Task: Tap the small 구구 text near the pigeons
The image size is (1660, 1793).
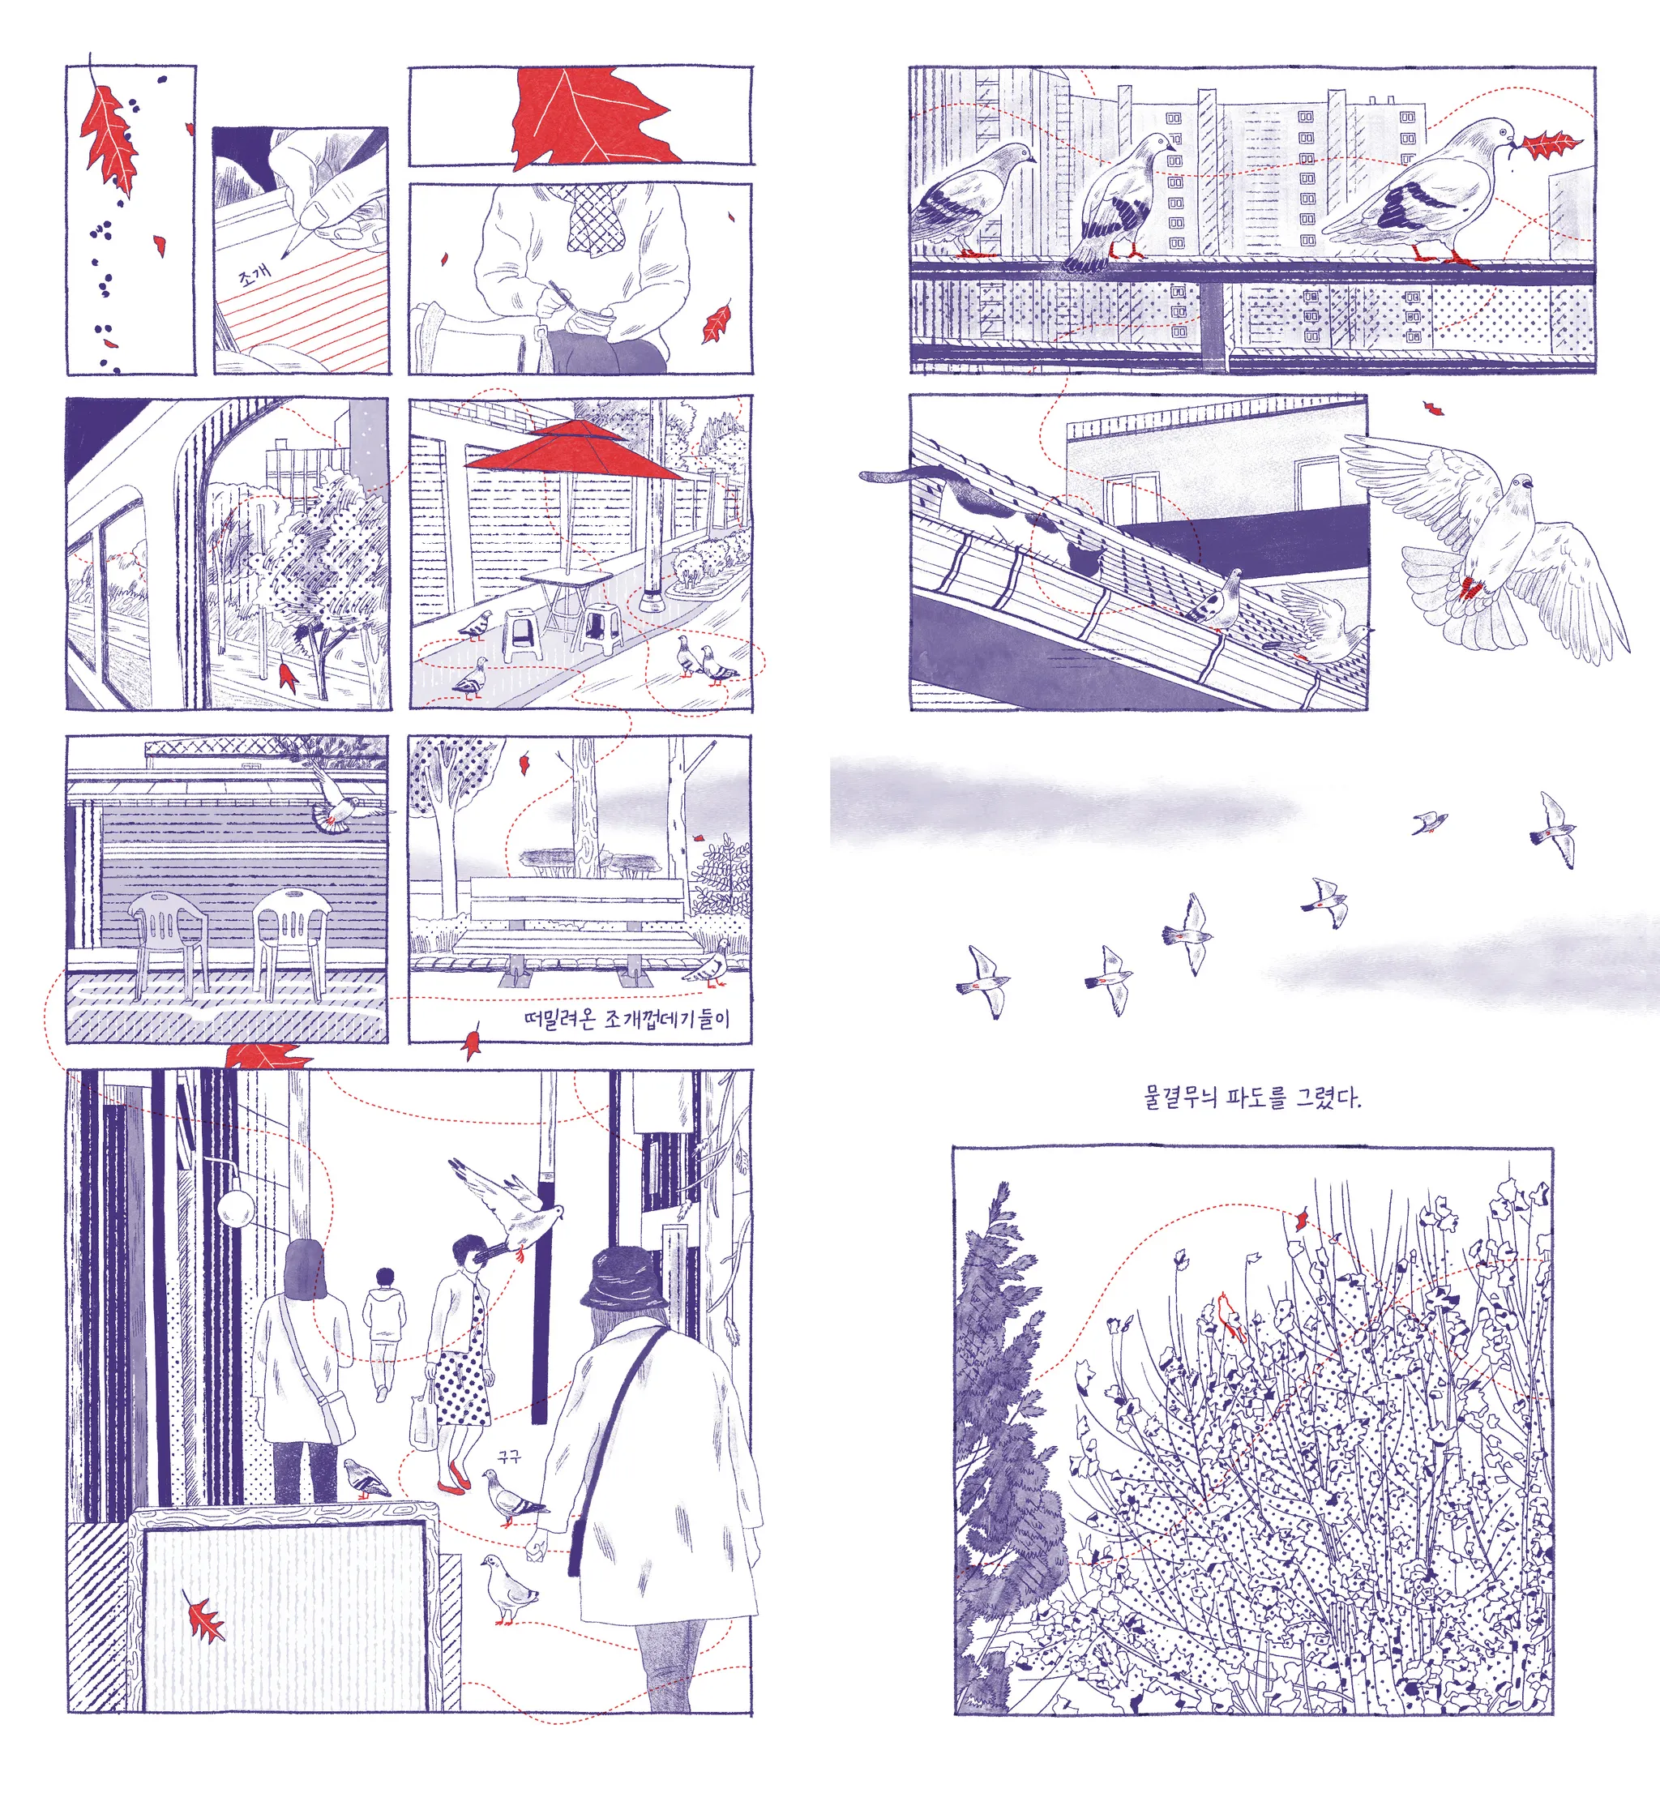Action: click(509, 1456)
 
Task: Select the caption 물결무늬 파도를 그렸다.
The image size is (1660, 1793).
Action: click(1251, 1097)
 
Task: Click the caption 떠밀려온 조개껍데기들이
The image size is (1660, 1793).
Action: click(626, 1019)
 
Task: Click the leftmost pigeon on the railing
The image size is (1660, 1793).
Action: click(970, 198)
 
